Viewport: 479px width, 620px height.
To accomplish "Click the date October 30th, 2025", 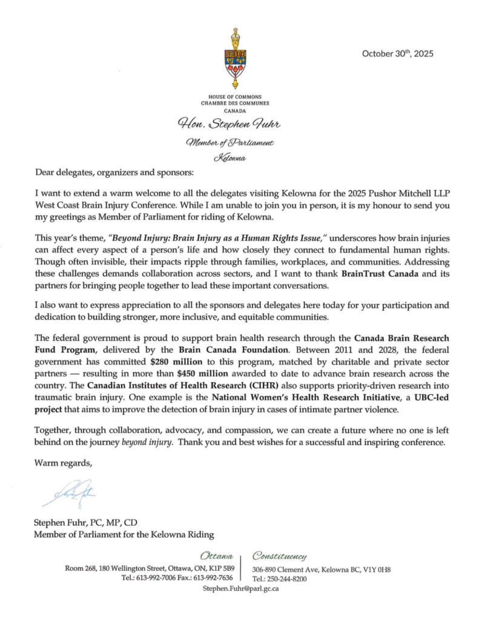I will [398, 53].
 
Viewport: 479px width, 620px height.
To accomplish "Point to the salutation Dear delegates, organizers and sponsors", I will [114, 173].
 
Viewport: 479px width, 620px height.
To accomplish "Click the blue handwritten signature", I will [68, 492].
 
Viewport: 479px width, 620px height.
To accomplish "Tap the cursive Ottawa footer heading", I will [217, 555].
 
